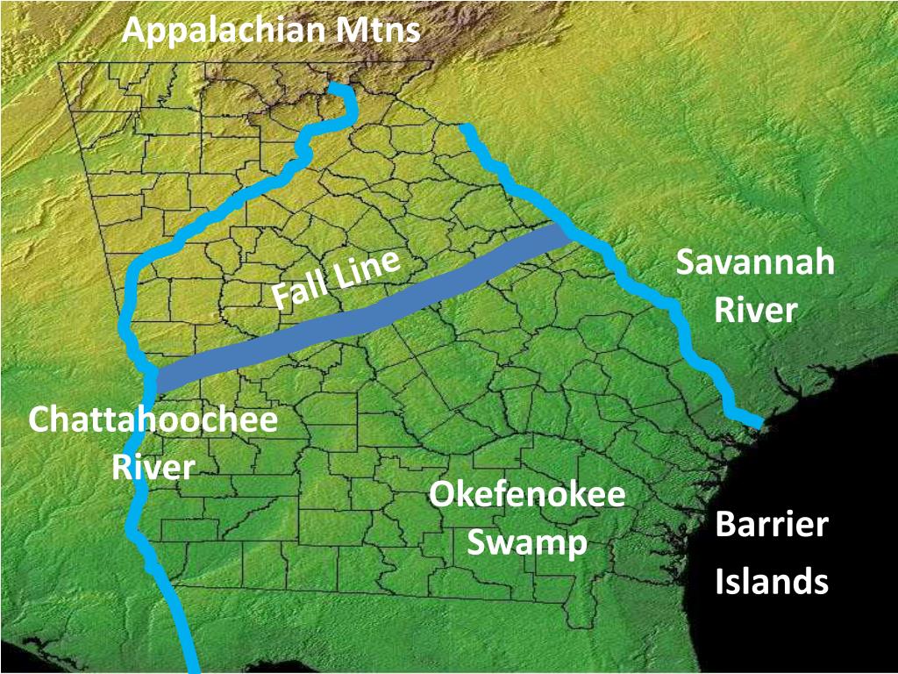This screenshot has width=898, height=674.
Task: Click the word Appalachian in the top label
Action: point(225,31)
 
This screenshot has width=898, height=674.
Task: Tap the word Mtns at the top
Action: point(378,31)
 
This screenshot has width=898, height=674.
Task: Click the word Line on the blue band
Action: point(364,267)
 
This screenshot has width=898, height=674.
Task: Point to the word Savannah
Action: point(755,263)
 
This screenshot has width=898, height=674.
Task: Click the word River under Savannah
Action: point(755,311)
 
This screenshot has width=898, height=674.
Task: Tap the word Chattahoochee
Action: point(153,419)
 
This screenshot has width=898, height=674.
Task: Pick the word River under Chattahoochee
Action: point(153,466)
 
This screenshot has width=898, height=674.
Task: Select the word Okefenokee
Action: point(527,495)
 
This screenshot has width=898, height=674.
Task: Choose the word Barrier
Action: point(772,526)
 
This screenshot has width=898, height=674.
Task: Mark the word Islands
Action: point(772,581)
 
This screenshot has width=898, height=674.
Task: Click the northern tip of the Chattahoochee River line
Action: point(337,86)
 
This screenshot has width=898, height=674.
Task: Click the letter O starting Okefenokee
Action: point(439,495)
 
